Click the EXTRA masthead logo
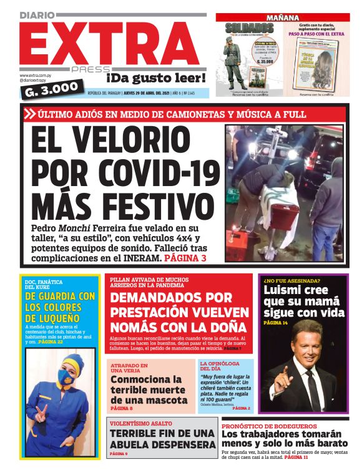[x=106, y=44]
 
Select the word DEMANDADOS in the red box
[x=172, y=298]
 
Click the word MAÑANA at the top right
[x=283, y=17]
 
